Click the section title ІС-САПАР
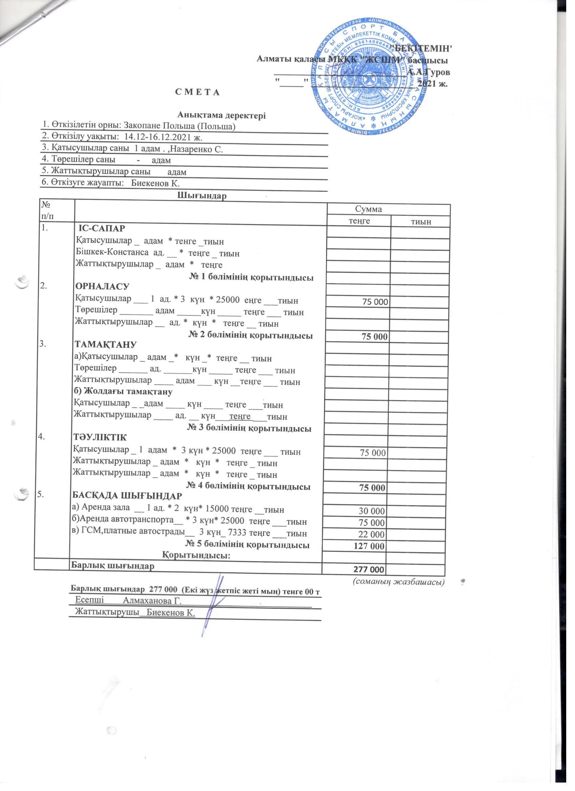click(102, 228)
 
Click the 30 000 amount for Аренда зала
click(372, 511)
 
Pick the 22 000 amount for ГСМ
click(372, 535)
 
